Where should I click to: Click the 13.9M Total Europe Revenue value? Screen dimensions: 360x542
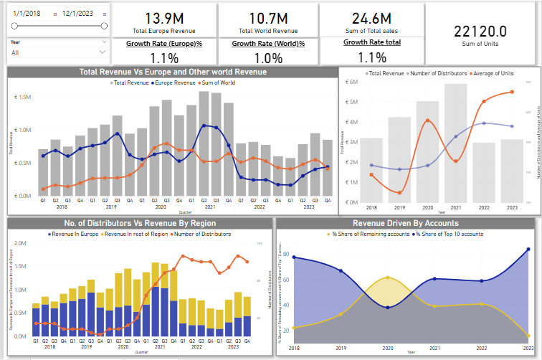(164, 17)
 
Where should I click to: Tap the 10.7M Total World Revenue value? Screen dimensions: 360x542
(269, 17)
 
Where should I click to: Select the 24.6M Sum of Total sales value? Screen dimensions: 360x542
(371, 17)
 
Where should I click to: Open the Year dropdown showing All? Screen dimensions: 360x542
(57, 52)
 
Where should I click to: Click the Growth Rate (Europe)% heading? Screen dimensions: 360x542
(164, 43)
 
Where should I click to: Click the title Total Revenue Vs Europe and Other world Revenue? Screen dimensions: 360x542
(173, 72)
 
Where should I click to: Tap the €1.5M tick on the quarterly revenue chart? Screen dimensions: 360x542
(24, 97)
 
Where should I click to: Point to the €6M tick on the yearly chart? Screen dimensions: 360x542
(351, 82)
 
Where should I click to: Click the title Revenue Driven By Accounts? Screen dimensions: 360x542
(406, 223)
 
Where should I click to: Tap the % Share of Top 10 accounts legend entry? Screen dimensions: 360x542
(442, 234)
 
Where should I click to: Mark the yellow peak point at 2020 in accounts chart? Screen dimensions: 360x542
(387, 277)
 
